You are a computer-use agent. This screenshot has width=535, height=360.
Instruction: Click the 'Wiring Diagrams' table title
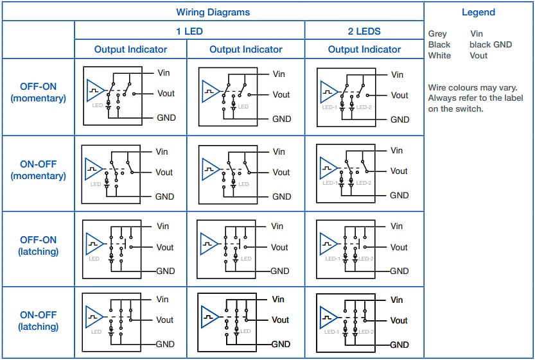(213, 12)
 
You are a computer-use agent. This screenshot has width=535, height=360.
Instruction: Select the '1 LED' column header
(189, 31)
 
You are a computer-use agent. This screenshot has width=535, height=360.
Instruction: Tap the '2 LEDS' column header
(364, 31)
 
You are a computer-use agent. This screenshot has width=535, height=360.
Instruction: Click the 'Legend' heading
(478, 12)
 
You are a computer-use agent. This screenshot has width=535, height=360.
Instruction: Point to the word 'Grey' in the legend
(437, 34)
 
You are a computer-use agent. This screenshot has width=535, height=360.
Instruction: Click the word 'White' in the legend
(439, 56)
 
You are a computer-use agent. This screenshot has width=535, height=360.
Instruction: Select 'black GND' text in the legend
(491, 45)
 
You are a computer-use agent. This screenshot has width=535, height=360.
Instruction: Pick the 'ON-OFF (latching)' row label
(38, 321)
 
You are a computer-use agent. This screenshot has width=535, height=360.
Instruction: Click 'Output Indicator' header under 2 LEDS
(364, 49)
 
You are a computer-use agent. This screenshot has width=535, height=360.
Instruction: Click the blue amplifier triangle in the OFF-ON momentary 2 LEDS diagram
(328, 90)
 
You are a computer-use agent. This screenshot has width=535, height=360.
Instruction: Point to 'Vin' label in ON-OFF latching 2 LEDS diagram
(396, 300)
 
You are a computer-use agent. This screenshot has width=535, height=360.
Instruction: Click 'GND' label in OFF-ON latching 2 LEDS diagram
(399, 271)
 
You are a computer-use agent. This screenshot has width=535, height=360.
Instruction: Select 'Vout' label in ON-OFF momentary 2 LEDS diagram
(399, 171)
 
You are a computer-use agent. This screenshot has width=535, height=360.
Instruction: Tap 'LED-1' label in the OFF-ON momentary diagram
(329, 107)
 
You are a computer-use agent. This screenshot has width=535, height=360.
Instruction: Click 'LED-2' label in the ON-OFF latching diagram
(364, 332)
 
